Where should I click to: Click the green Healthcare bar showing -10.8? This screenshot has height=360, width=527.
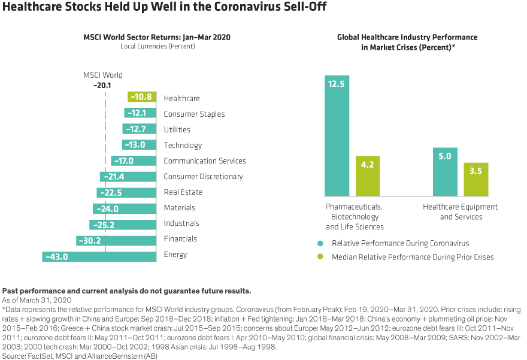point(142,98)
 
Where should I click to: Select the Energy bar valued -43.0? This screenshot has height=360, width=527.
point(99,255)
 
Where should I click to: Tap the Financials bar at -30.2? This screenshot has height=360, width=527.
point(116,239)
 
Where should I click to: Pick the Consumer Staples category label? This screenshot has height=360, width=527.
point(194,114)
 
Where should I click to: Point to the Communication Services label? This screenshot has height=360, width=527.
point(204,161)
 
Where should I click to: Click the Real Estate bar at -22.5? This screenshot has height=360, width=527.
point(126,192)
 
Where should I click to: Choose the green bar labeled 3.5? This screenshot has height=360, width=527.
point(477,179)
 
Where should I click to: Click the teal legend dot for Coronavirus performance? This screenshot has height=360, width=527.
point(320,243)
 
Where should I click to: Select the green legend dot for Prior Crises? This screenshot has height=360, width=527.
point(320,257)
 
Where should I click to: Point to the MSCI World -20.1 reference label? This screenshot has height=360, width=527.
point(103,80)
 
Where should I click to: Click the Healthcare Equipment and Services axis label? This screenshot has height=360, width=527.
point(461,212)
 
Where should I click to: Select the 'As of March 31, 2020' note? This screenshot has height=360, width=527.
point(37,299)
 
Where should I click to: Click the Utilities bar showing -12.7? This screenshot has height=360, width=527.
point(139,129)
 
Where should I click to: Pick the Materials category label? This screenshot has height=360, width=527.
point(179,208)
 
